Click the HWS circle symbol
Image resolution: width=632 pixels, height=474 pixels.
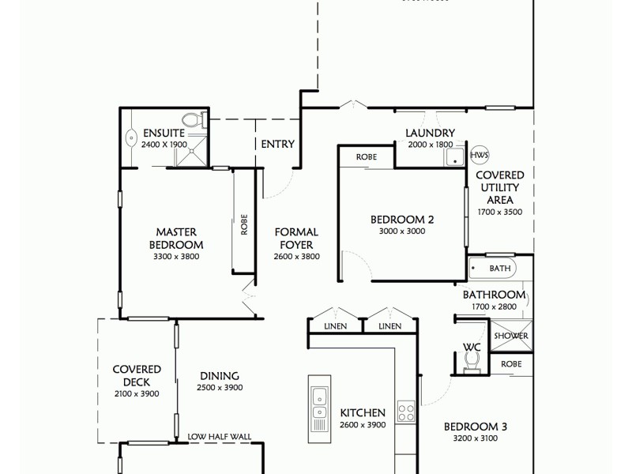point(480,155)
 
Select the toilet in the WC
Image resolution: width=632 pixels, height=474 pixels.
point(472,359)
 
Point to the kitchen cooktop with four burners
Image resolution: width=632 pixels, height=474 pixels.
point(405,412)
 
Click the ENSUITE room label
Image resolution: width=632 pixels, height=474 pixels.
point(164,134)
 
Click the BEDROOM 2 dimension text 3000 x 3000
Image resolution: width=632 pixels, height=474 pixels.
point(402,231)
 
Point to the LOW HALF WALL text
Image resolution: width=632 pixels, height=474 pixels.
point(219,436)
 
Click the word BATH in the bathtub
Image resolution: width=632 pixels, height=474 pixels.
point(500,269)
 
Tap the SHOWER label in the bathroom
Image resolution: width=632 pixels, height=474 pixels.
point(510,336)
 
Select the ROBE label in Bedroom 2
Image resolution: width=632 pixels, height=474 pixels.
point(366,157)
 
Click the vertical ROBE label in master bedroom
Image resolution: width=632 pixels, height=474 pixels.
point(244,225)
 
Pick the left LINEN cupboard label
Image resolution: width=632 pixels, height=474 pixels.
point(335,326)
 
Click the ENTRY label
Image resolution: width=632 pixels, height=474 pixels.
point(277,145)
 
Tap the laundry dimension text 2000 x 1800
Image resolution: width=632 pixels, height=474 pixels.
point(430,145)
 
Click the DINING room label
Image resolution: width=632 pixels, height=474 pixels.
point(219,377)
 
